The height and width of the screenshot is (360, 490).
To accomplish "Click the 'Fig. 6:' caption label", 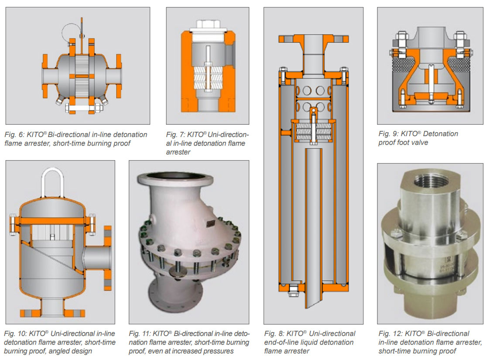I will pyautogui.click(x=14, y=135).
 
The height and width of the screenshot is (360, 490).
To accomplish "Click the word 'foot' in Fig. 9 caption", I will pyautogui.click(x=418, y=143).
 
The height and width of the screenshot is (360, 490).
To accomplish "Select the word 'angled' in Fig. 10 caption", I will pyautogui.click(x=72, y=351).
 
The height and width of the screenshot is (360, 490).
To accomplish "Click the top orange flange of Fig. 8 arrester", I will pyautogui.click(x=313, y=39).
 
